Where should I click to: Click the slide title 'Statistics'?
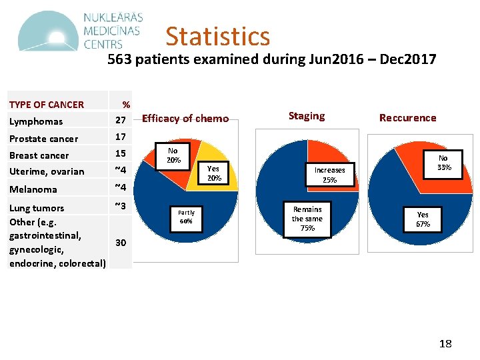(217, 36)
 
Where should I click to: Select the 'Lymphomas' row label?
(36, 121)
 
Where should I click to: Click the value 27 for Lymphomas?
(121, 121)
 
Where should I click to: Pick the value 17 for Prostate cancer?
(121, 137)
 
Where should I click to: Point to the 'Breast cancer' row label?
(39, 155)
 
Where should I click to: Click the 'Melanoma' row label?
(33, 189)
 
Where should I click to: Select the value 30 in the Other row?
(121, 242)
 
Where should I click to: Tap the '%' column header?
(126, 105)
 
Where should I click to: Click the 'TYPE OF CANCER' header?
(47, 105)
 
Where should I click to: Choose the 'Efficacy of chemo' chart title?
(185, 119)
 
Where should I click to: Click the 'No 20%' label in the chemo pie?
(173, 155)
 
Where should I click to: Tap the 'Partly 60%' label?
(186, 217)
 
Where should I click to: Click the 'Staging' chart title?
(306, 116)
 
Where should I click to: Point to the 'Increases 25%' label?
(329, 175)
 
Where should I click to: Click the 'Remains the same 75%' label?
(307, 219)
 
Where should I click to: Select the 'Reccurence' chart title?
(407, 118)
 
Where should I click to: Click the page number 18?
(445, 344)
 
